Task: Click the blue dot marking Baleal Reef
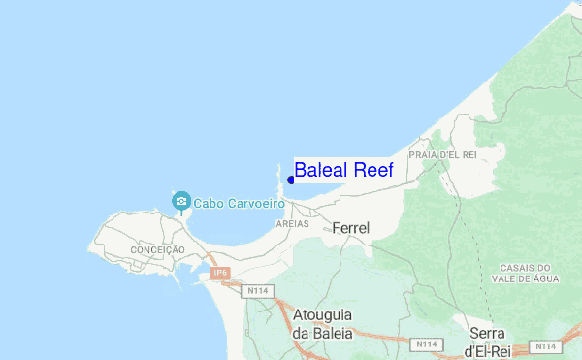click(x=290, y=179)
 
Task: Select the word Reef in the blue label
click(x=373, y=170)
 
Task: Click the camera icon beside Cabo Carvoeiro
click(x=179, y=202)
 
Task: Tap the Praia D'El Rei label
click(x=444, y=154)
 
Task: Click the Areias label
click(x=292, y=223)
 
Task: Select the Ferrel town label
click(x=350, y=227)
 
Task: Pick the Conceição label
click(x=155, y=250)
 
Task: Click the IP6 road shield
click(x=220, y=274)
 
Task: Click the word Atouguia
click(x=322, y=317)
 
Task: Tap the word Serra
click(x=486, y=332)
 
